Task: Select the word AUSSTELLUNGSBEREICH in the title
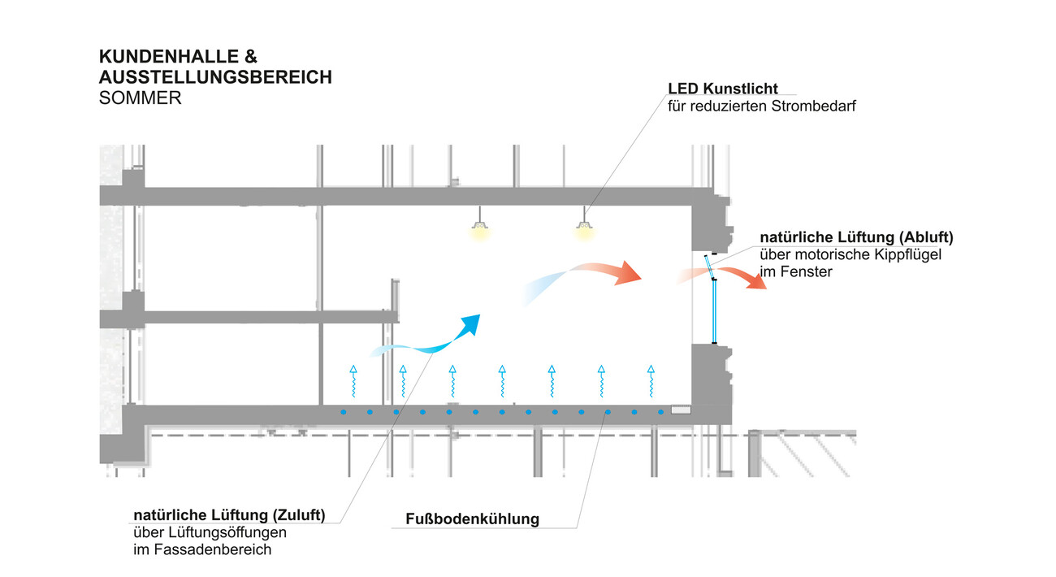[215, 77]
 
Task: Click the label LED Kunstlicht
[722, 89]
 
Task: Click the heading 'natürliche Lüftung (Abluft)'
[856, 237]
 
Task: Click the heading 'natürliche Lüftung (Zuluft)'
[229, 515]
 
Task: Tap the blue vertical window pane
[714, 313]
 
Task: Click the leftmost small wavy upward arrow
[353, 381]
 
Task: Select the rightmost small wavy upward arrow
[651, 381]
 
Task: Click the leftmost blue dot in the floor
[343, 412]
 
